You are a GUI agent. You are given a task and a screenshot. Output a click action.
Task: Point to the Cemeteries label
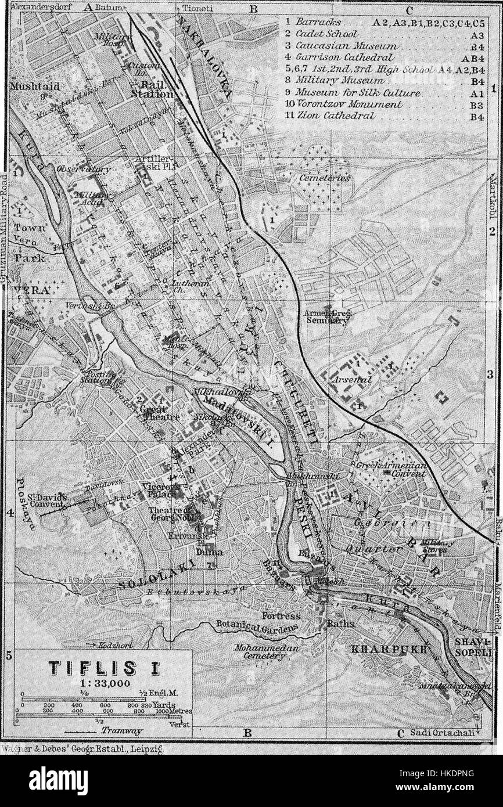[325, 178]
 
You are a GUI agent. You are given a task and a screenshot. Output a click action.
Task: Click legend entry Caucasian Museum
[346, 45]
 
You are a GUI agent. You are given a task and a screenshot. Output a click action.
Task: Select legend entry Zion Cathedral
[335, 116]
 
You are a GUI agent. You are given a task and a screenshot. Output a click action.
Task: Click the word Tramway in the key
[114, 730]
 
